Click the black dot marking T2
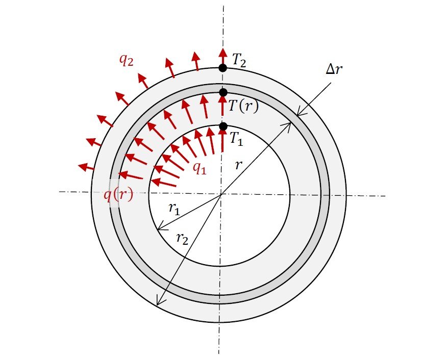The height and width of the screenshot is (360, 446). click(222, 68)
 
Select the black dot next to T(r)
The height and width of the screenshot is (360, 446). click(224, 92)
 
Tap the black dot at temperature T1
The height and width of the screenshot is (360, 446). click(224, 126)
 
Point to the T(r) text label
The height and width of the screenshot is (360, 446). click(243, 107)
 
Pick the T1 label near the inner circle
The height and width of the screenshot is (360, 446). click(236, 139)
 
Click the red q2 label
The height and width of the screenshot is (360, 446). click(126, 61)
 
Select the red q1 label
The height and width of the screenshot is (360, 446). click(200, 168)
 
